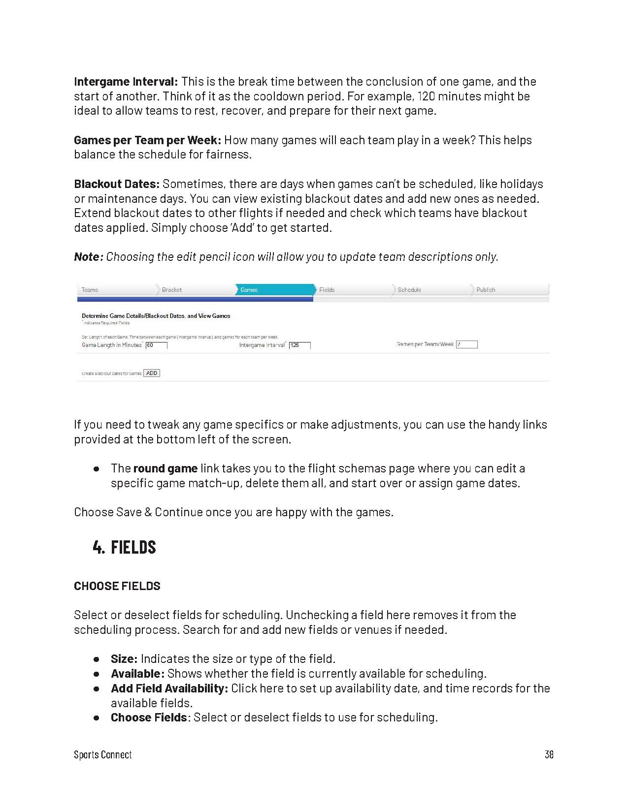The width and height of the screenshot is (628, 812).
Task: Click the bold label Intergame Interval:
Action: [x=126, y=82]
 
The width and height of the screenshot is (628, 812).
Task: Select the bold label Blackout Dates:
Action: [x=117, y=184]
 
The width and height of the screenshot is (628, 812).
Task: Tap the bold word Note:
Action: [x=89, y=257]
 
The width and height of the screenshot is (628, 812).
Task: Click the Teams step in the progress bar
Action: [x=90, y=290]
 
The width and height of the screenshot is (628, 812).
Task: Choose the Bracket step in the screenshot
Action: [x=172, y=290]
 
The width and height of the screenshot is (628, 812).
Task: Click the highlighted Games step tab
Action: [x=249, y=290]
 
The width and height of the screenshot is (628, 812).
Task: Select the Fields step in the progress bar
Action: [x=327, y=290]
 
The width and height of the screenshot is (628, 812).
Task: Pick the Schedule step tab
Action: [x=409, y=290]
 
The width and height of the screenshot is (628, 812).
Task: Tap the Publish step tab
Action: [x=486, y=290]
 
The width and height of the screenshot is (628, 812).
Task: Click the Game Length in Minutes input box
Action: [x=157, y=345]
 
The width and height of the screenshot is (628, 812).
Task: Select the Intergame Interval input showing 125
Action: [x=299, y=345]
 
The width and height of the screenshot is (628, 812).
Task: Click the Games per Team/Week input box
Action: [x=466, y=344]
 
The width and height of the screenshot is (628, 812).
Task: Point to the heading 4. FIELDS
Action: [x=124, y=547]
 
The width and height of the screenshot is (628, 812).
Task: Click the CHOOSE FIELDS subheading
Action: [x=117, y=586]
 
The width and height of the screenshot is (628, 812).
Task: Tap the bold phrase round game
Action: [x=165, y=468]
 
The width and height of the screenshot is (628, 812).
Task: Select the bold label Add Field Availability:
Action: [x=169, y=688]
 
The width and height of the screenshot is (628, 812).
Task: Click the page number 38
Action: [x=549, y=754]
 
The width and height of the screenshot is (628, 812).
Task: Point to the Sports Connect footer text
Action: [x=103, y=754]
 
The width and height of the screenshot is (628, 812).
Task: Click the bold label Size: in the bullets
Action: [x=124, y=659]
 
